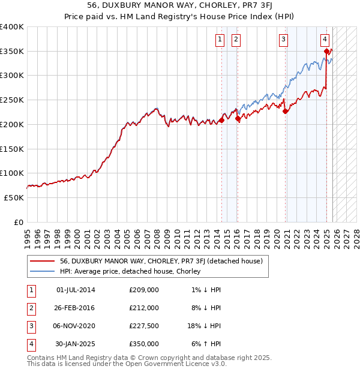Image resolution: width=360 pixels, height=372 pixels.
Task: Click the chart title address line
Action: click(180, 5)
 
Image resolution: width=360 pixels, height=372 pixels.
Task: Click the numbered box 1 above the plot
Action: click(220, 40)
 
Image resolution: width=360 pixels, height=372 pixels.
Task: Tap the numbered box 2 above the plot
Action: click(236, 40)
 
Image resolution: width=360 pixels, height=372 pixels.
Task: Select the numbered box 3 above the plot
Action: click(283, 40)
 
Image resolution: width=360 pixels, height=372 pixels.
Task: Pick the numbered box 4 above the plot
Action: click(325, 40)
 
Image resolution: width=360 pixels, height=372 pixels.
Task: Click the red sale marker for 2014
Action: click(221, 120)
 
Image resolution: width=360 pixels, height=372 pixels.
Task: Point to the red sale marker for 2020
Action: click(286, 110)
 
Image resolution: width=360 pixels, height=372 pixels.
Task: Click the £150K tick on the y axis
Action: click(13, 148)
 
